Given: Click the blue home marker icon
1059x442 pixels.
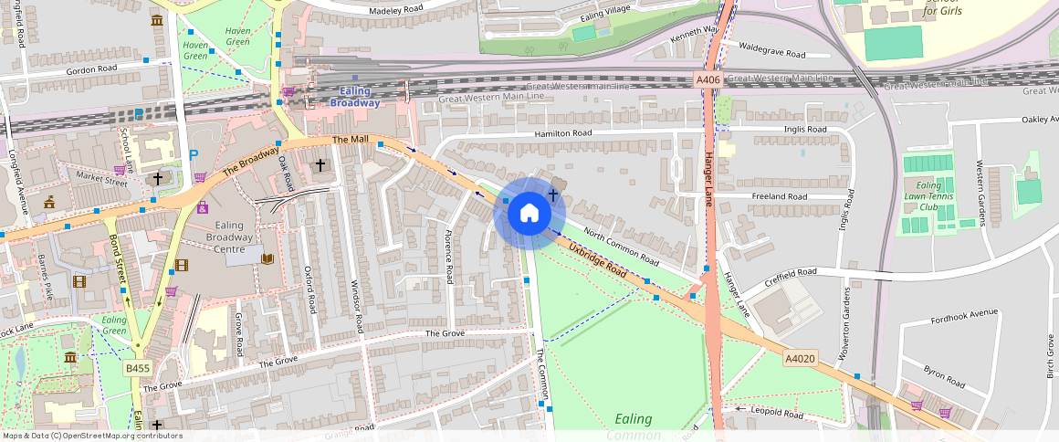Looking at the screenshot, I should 529,214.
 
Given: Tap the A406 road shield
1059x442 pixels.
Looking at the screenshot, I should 708,80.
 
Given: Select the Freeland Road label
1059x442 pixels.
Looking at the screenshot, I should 779,196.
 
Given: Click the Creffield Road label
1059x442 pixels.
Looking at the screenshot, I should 791,272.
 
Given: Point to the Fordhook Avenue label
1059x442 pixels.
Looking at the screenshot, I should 965,314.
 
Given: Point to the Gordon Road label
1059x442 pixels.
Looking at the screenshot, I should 91,69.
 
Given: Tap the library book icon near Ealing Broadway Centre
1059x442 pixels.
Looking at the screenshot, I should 267,259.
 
